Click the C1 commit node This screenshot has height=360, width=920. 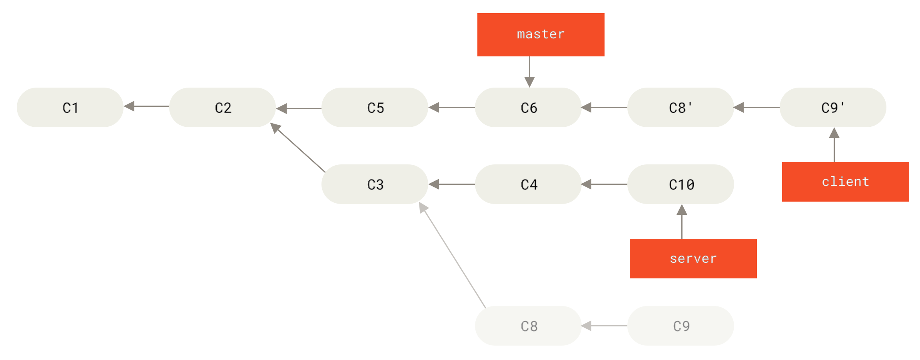70,107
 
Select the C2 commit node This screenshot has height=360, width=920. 222,107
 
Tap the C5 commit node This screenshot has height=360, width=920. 375,107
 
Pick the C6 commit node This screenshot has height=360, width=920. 528,107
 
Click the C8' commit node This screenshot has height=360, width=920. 681,107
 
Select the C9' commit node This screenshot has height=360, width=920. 833,107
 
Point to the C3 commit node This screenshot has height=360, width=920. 375,184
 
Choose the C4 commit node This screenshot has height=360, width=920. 528,184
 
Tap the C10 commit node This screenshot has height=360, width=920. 681,184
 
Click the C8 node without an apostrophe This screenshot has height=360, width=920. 528,326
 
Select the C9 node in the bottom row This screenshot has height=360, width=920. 681,326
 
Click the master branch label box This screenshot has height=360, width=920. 541,35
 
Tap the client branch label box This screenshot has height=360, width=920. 845,182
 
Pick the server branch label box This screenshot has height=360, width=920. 693,258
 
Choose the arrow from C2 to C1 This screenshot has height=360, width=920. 146,106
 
